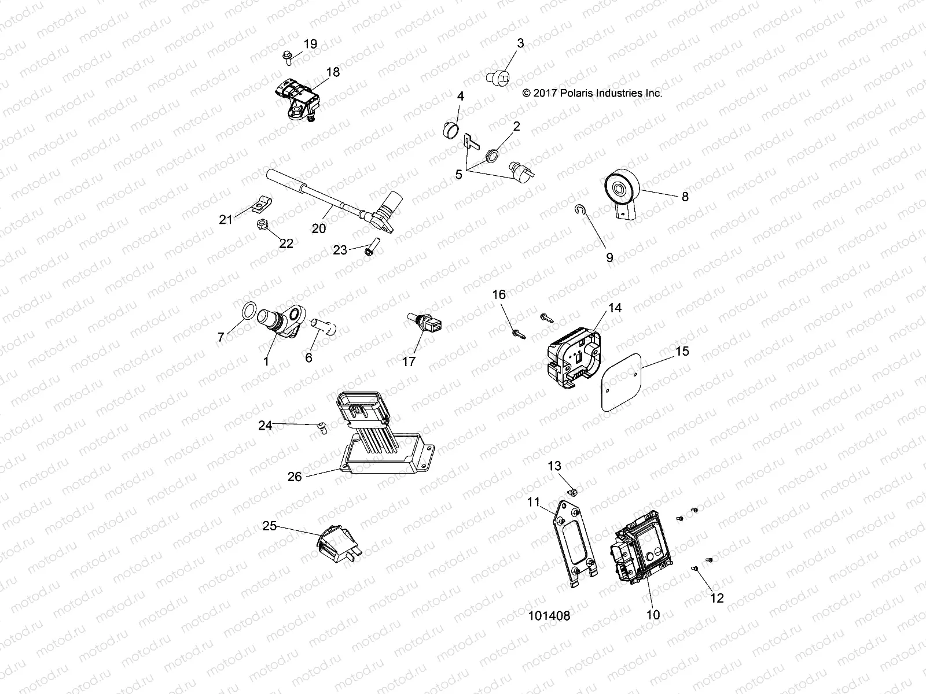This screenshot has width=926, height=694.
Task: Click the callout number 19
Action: click(x=310, y=45)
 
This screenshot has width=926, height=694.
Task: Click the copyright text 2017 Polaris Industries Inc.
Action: click(x=591, y=93)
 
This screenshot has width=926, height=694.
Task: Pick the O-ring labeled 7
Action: click(x=247, y=311)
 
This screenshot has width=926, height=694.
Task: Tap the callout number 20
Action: click(x=319, y=228)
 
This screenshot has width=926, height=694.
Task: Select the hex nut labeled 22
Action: click(x=260, y=223)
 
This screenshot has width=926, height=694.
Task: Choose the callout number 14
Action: click(x=615, y=308)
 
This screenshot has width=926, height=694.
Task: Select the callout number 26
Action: click(x=295, y=477)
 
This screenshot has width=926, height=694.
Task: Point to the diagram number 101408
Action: click(x=549, y=616)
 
